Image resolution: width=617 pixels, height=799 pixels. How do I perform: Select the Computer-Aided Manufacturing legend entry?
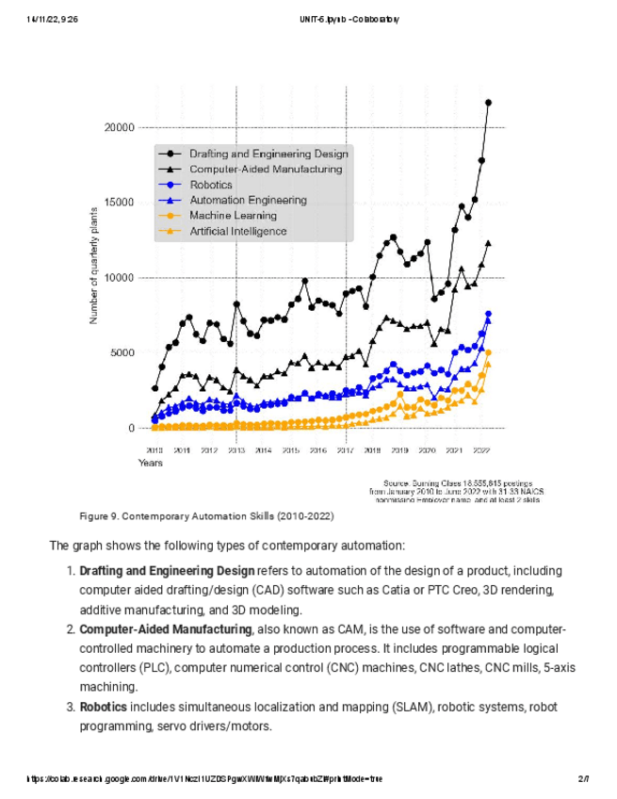[266, 170]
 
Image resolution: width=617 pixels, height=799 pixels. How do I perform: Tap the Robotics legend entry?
[210, 185]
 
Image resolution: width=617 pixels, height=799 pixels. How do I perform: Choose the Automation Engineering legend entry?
[248, 200]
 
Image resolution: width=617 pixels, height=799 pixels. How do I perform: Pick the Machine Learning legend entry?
[233, 216]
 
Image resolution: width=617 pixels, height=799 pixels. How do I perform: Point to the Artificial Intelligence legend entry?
[238, 231]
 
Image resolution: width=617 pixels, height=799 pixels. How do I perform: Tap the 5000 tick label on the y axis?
[123, 353]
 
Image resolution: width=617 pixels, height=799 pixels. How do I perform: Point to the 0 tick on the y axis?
[131, 429]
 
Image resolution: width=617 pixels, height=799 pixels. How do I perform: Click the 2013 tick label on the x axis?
[235, 450]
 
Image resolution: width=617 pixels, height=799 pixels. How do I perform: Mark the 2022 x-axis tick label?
[480, 450]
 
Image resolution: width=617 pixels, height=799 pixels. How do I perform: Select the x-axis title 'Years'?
[150, 463]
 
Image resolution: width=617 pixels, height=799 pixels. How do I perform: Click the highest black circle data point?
[488, 103]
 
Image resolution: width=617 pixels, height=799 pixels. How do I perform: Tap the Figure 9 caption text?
[206, 516]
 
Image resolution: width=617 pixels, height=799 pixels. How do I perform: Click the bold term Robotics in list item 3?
[103, 706]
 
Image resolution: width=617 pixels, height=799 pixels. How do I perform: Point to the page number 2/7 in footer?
[583, 779]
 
